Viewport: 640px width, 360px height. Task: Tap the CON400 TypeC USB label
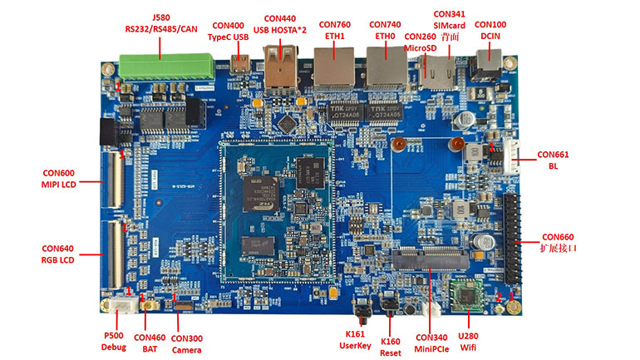click(x=229, y=31)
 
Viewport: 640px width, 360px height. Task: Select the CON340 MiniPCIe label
click(x=432, y=343)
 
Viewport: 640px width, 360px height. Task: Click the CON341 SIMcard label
click(x=450, y=26)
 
